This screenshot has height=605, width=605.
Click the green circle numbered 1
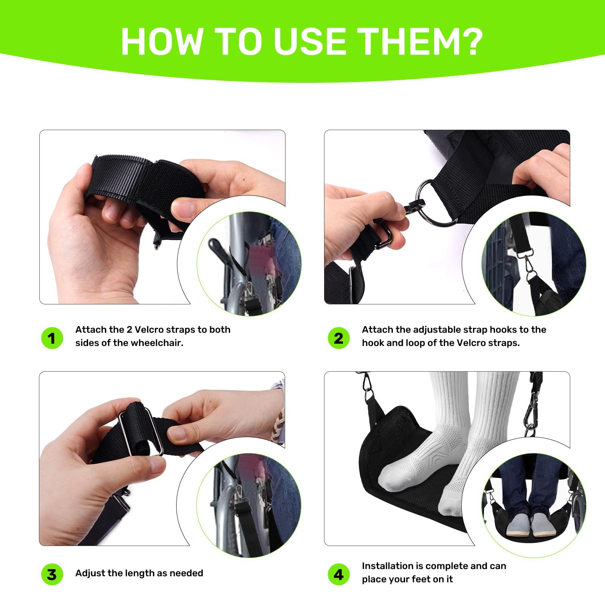(52, 338)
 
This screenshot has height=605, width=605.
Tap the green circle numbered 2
(338, 338)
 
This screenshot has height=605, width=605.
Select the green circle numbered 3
(52, 574)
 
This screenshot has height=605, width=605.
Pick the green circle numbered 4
(338, 574)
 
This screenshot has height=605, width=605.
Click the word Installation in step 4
(387, 566)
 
